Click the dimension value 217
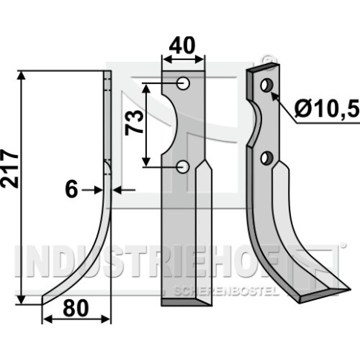(10, 168)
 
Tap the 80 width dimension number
(76, 308)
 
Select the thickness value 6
(71, 190)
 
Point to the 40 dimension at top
(183, 45)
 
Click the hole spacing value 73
(134, 122)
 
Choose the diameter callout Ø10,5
(327, 109)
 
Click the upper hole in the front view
(183, 83)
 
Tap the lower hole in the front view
(183, 166)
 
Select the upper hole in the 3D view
(266, 85)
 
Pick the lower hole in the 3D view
(266, 157)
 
